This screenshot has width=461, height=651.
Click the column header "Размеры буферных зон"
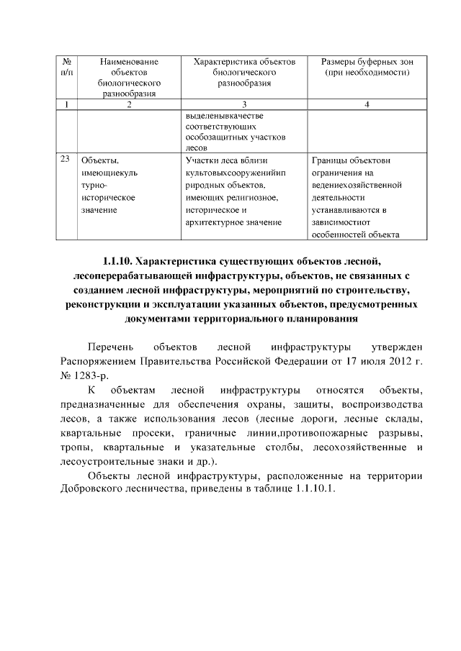pos(367,63)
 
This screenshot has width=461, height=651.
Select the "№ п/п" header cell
pos(67,68)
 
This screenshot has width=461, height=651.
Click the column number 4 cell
pos(367,106)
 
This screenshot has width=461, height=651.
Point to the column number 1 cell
pos(67,106)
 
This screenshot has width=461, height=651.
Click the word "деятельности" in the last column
pos(339,196)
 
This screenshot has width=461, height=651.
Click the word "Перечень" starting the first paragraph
pos(108,347)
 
